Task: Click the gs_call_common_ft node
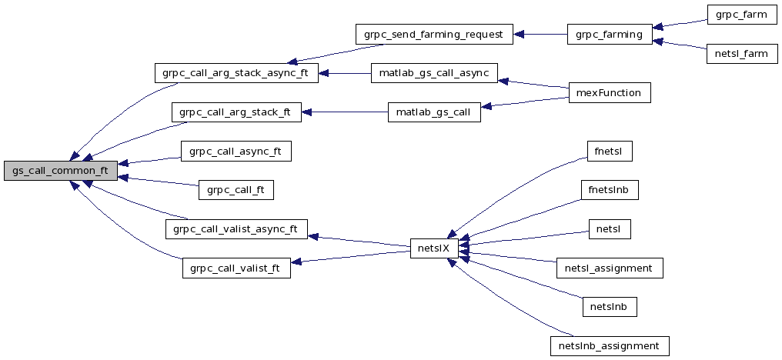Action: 60,171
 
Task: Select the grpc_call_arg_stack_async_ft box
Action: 236,74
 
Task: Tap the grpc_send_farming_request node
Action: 433,34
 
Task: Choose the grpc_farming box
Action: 609,34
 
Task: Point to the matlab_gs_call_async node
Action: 434,74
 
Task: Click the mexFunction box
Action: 609,93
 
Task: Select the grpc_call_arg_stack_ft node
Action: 236,112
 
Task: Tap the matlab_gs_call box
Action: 434,112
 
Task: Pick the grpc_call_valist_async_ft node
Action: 236,228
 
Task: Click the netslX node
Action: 435,248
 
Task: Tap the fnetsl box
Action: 609,151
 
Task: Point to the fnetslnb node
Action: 609,189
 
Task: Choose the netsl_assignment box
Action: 609,268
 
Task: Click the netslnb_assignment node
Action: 609,345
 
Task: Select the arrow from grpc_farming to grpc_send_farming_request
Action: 540,34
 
